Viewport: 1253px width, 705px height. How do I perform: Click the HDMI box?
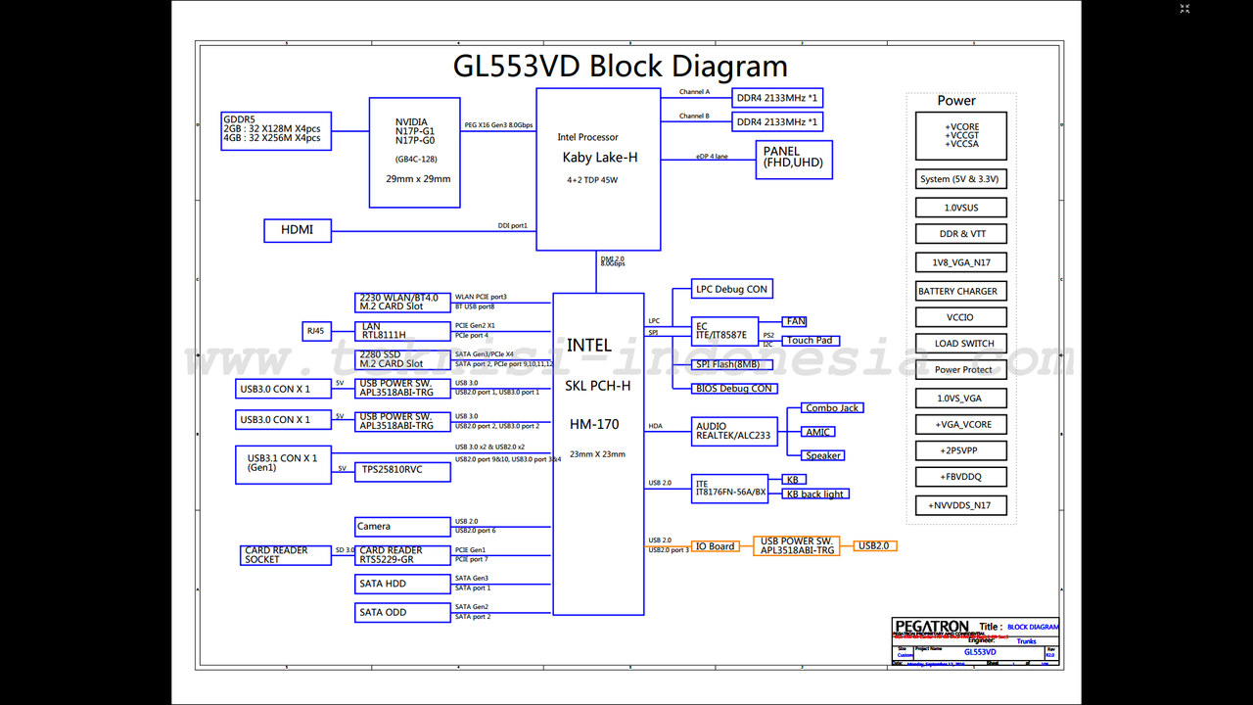(298, 230)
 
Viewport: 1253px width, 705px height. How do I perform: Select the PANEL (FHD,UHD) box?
(794, 160)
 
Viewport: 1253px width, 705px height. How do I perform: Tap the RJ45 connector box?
(316, 332)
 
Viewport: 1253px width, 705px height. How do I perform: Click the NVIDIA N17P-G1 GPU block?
(414, 152)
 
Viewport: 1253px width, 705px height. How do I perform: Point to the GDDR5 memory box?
(276, 131)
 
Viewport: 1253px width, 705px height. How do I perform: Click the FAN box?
(795, 321)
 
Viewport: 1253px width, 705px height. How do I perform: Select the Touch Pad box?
(811, 341)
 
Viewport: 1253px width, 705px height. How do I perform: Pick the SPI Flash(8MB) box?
(732, 364)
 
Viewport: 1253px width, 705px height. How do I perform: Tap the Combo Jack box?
(832, 408)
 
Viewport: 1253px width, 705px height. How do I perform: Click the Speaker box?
(823, 455)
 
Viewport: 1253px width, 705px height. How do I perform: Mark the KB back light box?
(815, 494)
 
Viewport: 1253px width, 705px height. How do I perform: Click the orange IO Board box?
(715, 546)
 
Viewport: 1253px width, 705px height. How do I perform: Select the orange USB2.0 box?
(873, 545)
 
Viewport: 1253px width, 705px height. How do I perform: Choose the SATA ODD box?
(401, 613)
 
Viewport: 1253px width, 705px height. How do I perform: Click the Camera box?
(401, 527)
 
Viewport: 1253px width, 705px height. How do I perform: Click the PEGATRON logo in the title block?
(931, 627)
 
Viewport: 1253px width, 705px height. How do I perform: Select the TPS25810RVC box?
(401, 471)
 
